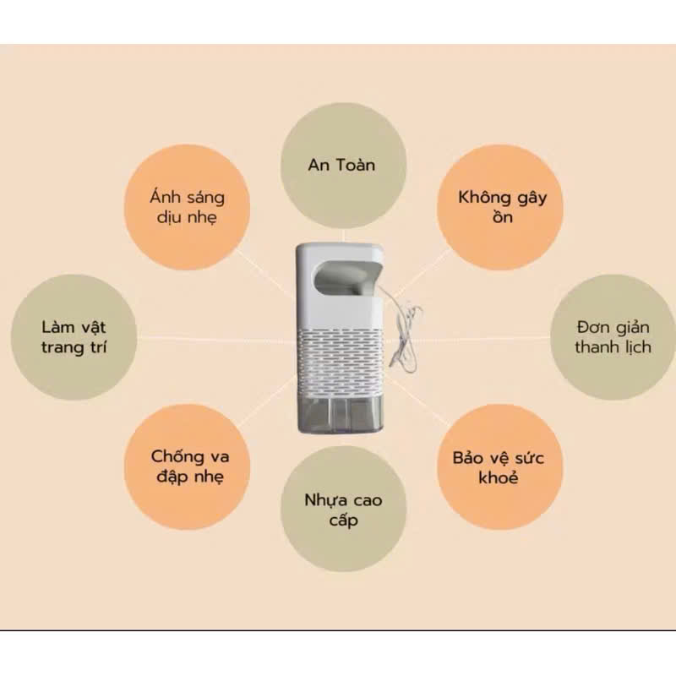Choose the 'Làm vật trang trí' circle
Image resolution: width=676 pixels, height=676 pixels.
coord(74,336)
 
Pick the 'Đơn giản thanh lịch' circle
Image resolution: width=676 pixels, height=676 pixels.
coord(613,336)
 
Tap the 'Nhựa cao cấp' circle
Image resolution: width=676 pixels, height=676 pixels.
coord(342,510)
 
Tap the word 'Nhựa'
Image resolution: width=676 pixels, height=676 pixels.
coord(324,500)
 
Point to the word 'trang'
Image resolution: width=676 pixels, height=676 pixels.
coord(60,347)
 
